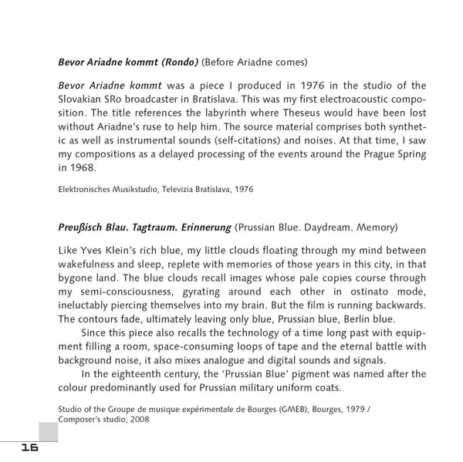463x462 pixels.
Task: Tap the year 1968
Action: point(81,167)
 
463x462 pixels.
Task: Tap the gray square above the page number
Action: point(47,432)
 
